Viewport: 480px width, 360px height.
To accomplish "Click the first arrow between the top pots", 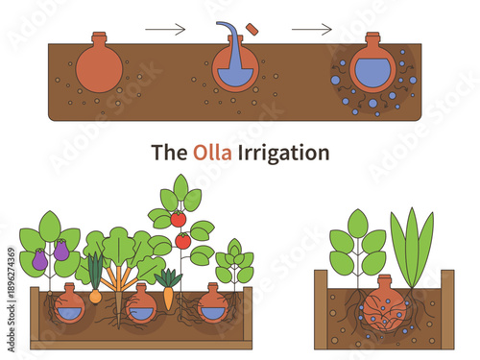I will pos(164,30).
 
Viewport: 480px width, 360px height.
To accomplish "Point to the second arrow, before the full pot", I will pos(310,30).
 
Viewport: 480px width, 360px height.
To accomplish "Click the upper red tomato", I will pos(178,219).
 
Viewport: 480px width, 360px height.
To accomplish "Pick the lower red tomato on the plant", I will pos(182,241).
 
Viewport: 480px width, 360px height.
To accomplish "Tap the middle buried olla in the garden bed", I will pos(140,305).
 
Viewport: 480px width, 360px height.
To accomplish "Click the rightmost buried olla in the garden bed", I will pos(213,304).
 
